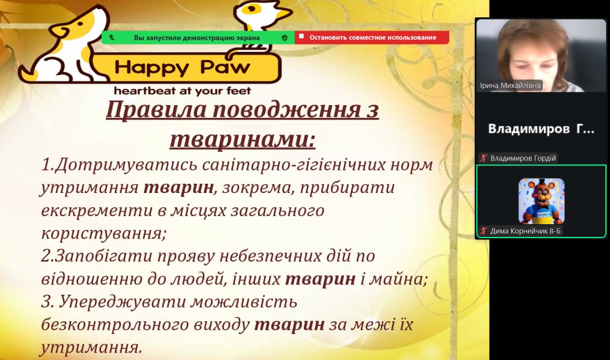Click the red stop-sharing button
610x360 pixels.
coord(372,38)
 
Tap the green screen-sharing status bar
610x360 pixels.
coord(198,38)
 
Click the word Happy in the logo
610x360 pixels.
coord(152,68)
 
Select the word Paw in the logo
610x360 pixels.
coord(225,67)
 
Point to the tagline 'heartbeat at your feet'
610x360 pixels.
coord(183,91)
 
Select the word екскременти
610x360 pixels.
coord(97,210)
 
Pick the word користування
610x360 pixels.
coord(103,233)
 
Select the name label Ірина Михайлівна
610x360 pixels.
coord(510,85)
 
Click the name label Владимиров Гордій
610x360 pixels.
coord(523,158)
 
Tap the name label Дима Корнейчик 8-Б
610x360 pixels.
coord(525,231)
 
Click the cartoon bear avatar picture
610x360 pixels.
coord(541,202)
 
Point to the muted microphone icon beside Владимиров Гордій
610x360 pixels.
coord(483,158)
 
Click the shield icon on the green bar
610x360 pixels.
coord(284,38)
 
